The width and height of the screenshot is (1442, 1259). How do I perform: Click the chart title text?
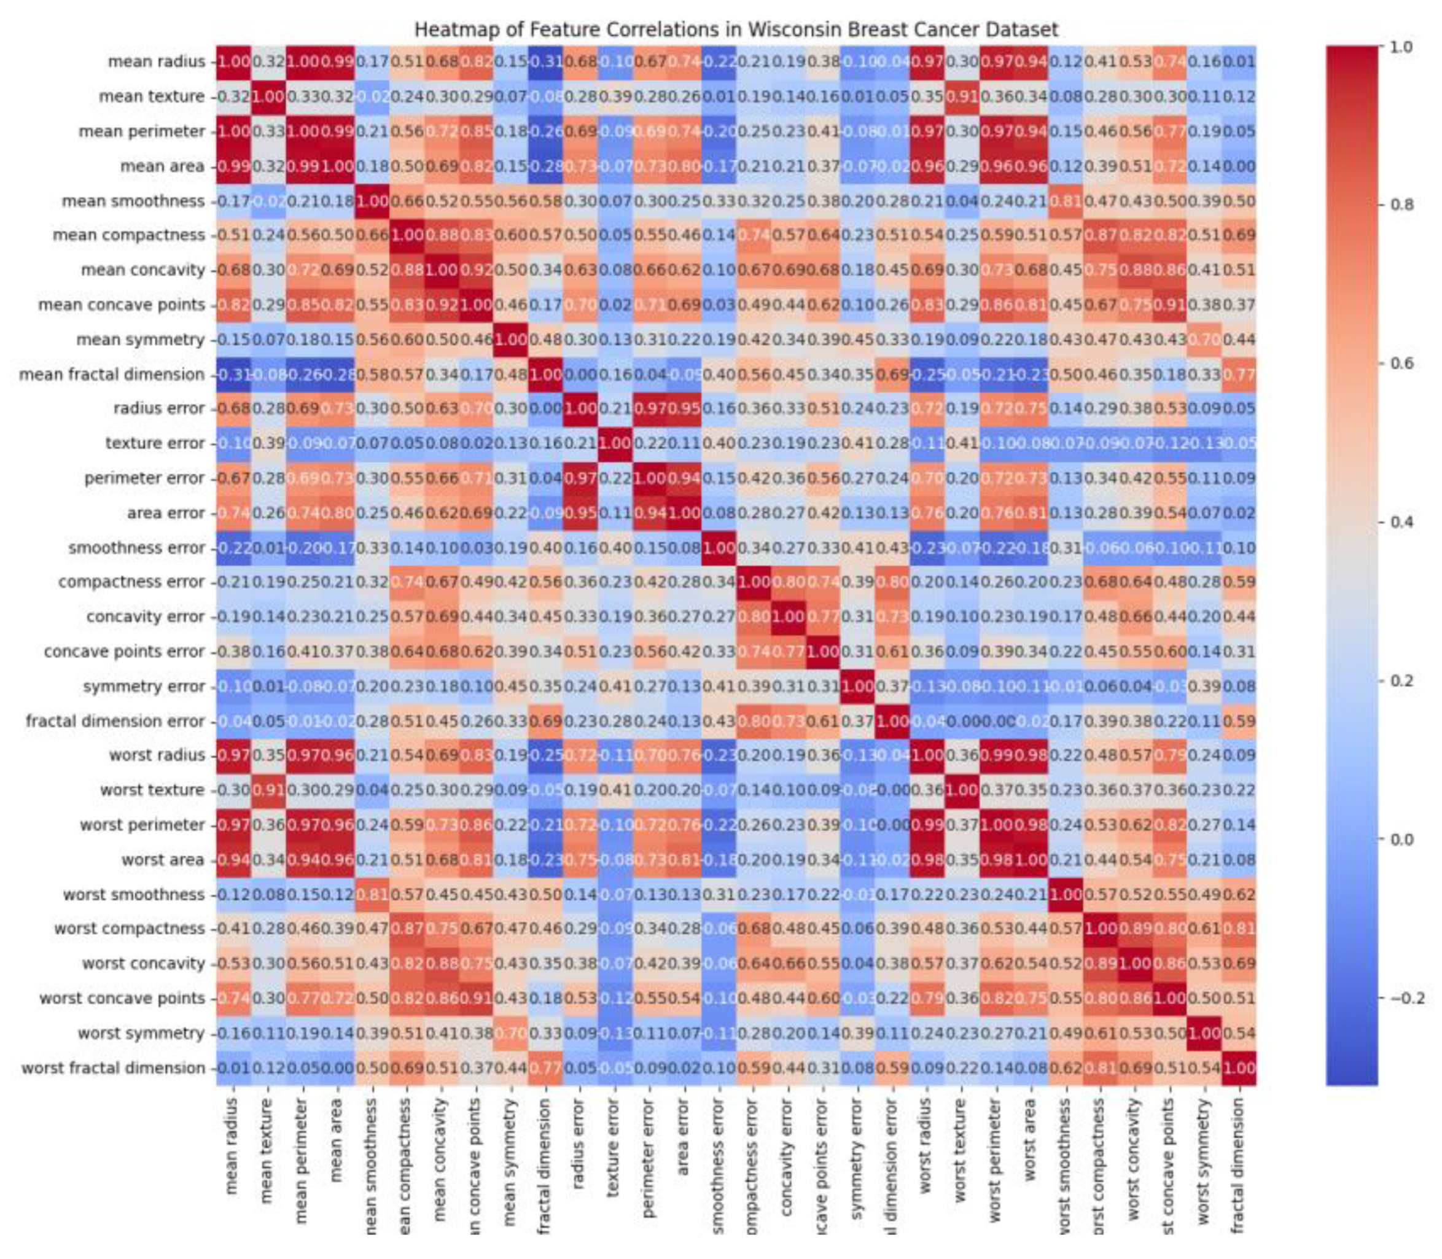735,29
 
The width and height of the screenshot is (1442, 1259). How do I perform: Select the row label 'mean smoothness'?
133,201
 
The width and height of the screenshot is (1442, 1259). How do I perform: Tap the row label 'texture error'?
155,443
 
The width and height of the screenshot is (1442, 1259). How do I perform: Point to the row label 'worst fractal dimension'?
113,1068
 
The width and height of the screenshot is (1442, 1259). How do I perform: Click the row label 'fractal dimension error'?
115,721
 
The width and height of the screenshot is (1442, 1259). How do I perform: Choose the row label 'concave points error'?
124,651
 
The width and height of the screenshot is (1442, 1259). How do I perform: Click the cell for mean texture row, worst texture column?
961,96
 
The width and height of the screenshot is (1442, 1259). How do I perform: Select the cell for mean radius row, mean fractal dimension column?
545,62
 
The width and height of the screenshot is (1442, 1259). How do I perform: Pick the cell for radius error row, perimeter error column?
649,408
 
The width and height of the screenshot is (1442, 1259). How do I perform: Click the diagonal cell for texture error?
615,443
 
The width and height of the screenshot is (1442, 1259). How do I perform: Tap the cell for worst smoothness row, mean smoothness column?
372,894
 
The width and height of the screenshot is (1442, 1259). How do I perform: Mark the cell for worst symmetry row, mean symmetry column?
510,1034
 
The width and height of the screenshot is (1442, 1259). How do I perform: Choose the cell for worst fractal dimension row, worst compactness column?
1100,1068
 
